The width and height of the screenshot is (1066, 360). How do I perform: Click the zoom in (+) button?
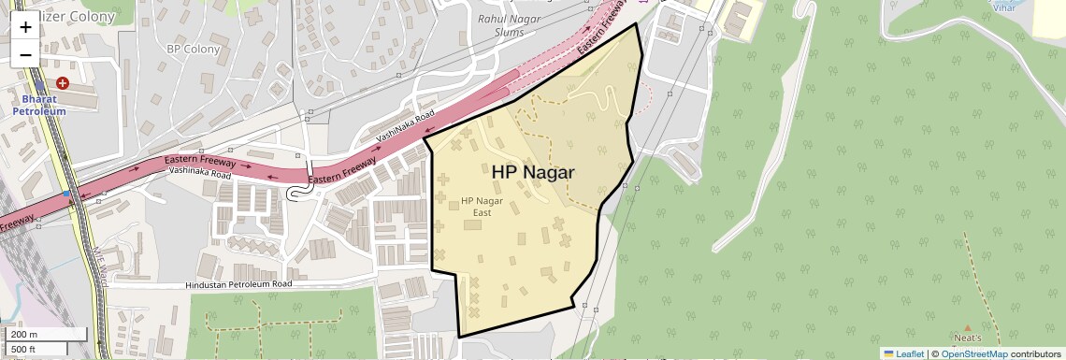point(25,27)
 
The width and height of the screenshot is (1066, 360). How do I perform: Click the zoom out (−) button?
point(25,54)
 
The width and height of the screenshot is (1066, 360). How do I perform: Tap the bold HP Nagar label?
point(532,172)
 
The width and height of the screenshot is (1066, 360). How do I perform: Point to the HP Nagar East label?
point(482,207)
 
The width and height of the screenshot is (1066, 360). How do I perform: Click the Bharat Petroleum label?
point(39,105)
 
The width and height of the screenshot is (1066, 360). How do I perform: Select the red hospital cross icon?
point(62,83)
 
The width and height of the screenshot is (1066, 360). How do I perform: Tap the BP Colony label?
point(193,49)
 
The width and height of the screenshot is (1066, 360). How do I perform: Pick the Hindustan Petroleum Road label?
point(238,283)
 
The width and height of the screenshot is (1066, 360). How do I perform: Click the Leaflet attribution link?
point(910,353)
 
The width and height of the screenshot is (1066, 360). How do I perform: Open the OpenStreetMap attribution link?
point(974,353)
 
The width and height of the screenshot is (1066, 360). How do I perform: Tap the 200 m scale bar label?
point(24,335)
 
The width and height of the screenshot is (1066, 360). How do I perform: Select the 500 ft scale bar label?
point(24,350)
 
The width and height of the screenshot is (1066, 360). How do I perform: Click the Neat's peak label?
point(967,338)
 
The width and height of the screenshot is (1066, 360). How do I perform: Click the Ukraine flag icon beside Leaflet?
point(888,353)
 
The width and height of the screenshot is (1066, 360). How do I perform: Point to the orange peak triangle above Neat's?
point(967,326)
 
